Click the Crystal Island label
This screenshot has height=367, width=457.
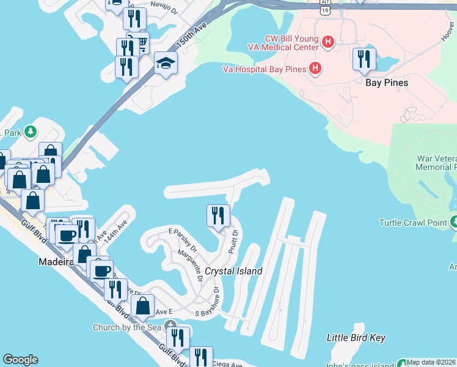tap(233, 271)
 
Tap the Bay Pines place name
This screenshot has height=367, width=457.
tap(386, 83)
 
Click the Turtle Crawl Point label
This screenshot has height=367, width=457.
tap(413, 223)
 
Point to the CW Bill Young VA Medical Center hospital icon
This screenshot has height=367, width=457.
tap(328, 42)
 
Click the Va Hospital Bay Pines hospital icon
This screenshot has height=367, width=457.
tap(315, 69)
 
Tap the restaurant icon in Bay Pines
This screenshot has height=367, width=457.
tap(364, 59)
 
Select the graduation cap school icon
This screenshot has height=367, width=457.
tap(165, 63)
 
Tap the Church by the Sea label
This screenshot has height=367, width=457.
tap(127, 327)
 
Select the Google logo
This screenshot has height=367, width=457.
tap(20, 360)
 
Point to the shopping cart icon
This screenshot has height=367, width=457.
tap(141, 43)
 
